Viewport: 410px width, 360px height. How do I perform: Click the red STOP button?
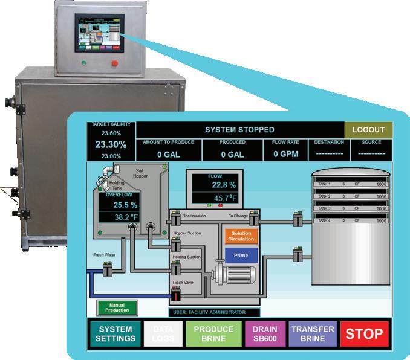(x=363, y=333)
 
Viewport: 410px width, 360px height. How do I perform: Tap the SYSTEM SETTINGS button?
(x=116, y=333)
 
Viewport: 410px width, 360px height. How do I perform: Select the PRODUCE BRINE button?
(x=213, y=333)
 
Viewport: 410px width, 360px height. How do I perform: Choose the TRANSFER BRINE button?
(x=313, y=333)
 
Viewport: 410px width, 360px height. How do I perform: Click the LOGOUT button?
(x=368, y=130)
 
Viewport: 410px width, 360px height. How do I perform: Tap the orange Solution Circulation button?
(x=241, y=236)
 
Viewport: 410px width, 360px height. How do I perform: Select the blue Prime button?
(x=241, y=256)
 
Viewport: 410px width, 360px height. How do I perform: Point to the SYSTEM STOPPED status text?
(x=239, y=130)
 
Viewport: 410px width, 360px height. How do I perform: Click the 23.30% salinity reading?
(x=111, y=145)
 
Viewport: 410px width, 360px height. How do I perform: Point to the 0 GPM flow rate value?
(x=285, y=154)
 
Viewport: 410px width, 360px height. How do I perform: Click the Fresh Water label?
(x=103, y=255)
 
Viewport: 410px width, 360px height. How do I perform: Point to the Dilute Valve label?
(x=184, y=282)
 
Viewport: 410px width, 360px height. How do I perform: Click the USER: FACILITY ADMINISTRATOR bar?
(x=215, y=312)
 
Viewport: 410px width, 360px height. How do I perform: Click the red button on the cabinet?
(x=114, y=63)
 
